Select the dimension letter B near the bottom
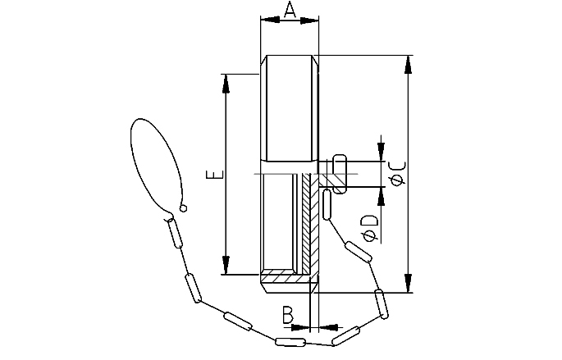pyautogui.click(x=287, y=314)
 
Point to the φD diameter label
pyautogui.click(x=370, y=227)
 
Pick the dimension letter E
pyautogui.click(x=212, y=175)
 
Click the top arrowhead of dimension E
pyautogui.click(x=225, y=80)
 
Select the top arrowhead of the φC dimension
pyautogui.click(x=408, y=62)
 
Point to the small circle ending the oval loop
pyautogui.click(x=184, y=208)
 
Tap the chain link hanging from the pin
pyautogui.click(x=327, y=204)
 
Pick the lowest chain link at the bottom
pyautogui.click(x=290, y=341)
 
